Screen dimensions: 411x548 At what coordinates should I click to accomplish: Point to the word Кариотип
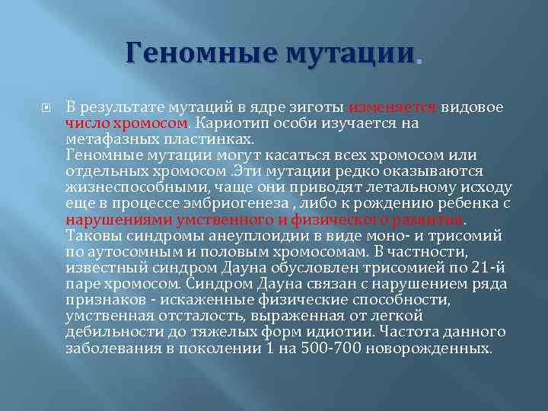point(229,122)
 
